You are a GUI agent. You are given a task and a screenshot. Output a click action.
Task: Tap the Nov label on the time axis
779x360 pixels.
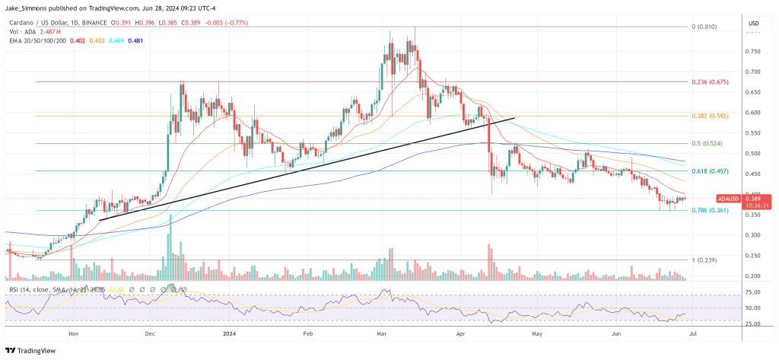click(x=73, y=333)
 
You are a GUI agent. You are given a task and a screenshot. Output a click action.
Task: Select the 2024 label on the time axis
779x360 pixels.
click(x=230, y=333)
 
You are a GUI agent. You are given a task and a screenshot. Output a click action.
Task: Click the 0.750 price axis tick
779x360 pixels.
click(x=753, y=52)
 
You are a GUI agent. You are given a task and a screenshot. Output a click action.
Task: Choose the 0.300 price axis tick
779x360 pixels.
click(x=753, y=235)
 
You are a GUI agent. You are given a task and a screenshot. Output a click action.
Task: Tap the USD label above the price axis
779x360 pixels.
click(x=754, y=23)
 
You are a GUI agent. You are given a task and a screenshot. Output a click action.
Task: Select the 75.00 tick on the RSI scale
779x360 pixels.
click(x=753, y=292)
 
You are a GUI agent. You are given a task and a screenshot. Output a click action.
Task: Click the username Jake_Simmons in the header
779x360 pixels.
click(x=37, y=9)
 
